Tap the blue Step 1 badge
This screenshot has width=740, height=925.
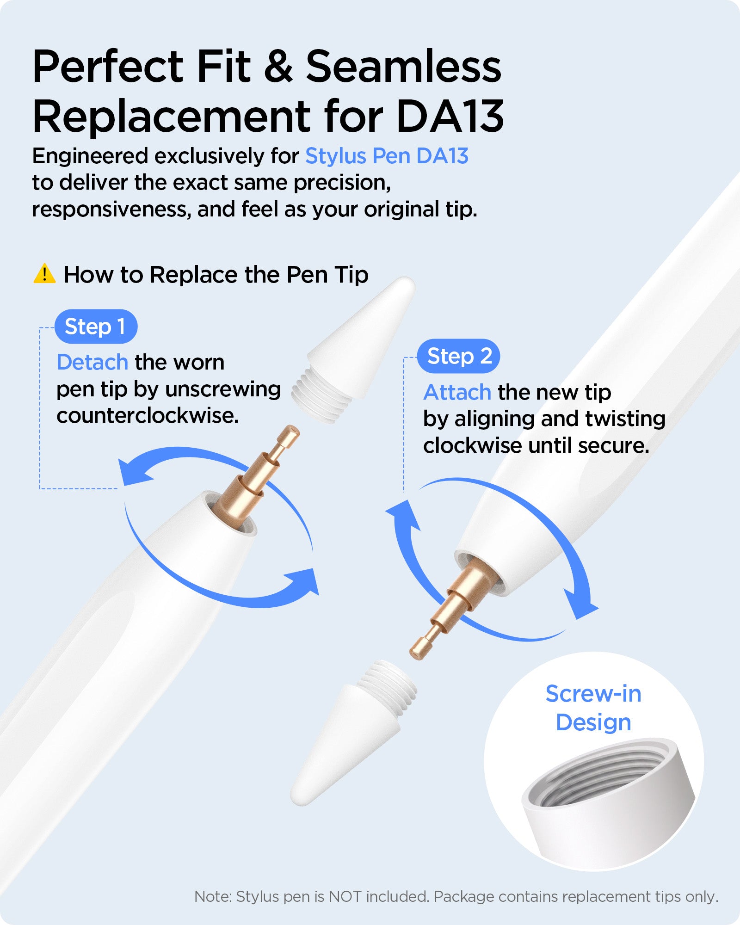coord(96,327)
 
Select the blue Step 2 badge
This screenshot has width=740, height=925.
coord(458,356)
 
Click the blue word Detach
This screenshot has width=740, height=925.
coord(92,362)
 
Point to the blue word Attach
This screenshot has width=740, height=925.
coord(457,392)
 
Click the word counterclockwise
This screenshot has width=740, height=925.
coord(148,415)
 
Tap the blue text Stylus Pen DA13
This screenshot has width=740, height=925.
coord(387,156)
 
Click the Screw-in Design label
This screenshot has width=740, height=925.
coord(593,708)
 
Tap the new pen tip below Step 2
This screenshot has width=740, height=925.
coord(354,733)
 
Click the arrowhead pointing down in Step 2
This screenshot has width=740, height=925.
coord(581,604)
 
